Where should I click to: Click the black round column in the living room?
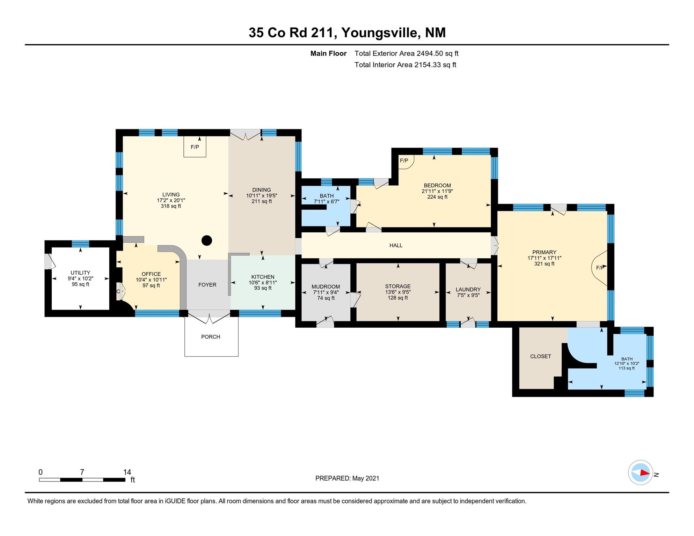click(207, 240)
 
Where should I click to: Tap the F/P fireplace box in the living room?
click(195, 147)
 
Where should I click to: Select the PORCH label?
click(211, 337)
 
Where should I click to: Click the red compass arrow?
click(645, 473)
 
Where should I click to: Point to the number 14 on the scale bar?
click(127, 472)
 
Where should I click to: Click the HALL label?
click(396, 245)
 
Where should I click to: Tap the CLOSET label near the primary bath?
click(540, 356)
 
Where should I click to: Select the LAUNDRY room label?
click(468, 289)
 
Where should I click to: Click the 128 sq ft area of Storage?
click(398, 298)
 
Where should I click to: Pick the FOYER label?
click(207, 285)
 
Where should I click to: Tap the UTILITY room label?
click(80, 273)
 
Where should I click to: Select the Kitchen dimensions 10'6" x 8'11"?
click(263, 283)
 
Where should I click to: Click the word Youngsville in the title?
click(380, 32)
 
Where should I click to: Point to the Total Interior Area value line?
click(405, 65)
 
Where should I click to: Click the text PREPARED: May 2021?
click(347, 478)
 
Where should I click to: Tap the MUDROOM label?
click(326, 287)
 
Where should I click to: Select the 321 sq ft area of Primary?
click(544, 264)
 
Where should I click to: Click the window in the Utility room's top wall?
click(80, 244)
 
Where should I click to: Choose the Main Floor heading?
click(328, 53)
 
